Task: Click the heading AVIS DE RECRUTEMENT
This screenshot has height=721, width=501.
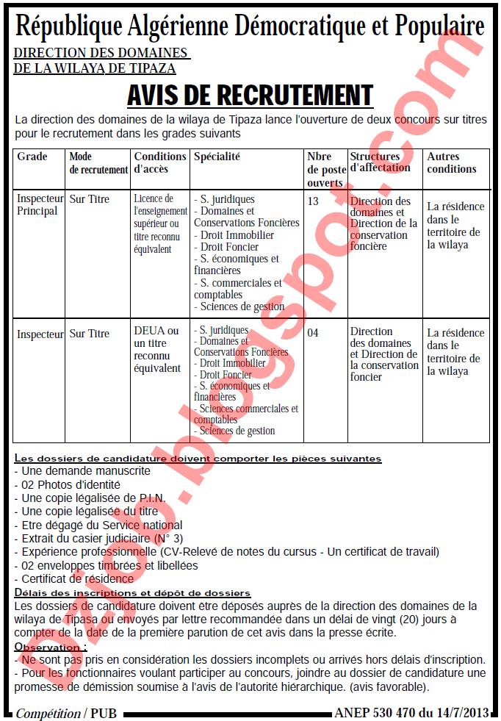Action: coord(250,96)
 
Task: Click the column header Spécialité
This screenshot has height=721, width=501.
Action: coord(217,157)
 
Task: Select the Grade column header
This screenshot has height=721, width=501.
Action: coord(32,157)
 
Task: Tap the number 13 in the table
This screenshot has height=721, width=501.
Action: coord(313,201)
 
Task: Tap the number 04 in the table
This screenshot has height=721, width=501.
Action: coord(313,333)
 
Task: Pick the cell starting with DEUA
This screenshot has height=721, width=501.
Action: coord(156,349)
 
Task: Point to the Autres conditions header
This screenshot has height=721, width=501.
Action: coord(452,162)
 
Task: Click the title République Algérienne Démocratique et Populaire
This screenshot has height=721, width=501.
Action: coord(250,27)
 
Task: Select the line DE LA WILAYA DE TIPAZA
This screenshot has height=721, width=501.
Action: coord(95,68)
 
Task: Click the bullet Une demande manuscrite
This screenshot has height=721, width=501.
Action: coord(82,470)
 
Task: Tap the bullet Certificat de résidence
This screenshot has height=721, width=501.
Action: coord(74,579)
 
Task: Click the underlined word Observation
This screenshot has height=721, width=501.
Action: coord(49,647)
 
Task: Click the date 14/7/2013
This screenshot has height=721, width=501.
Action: coord(465,713)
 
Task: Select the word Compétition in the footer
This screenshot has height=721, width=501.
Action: coord(48,714)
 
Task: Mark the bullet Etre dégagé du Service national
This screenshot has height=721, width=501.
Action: coord(98,525)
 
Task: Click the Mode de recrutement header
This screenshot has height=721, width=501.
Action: coord(98,162)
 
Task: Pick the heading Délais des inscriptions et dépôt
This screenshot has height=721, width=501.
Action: coord(133,592)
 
